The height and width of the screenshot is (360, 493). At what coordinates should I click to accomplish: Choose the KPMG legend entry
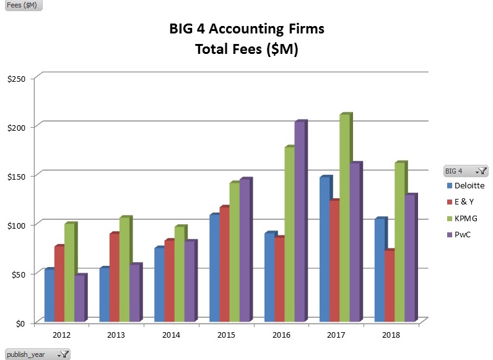[x=466, y=218]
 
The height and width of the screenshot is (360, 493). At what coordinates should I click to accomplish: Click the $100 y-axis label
[x=16, y=224]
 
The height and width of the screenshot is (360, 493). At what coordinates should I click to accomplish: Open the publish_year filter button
[x=64, y=354]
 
